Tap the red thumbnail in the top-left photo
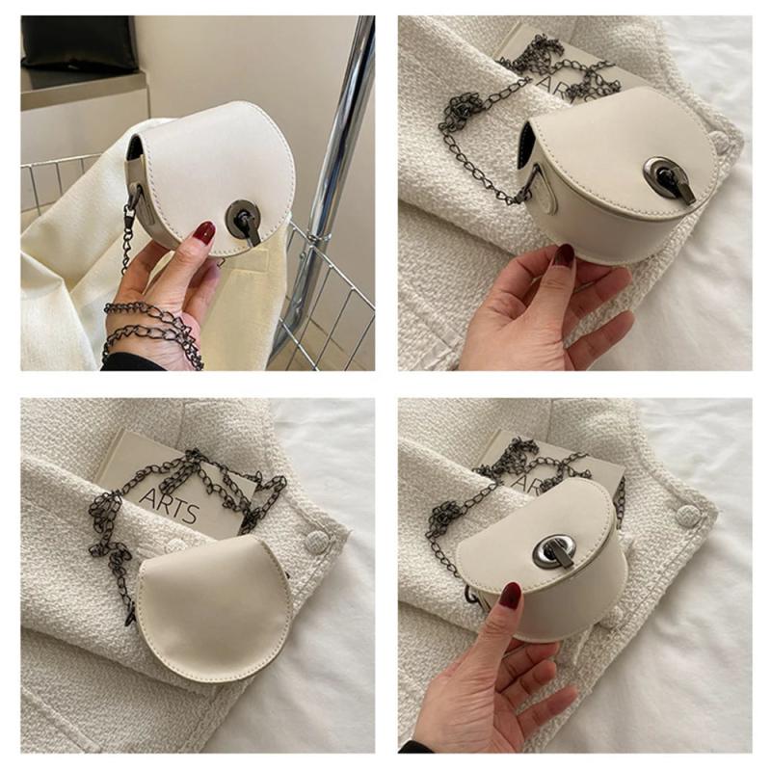point(203,231)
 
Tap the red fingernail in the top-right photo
point(565,255)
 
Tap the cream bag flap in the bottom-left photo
point(215,607)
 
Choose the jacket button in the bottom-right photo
point(688,515)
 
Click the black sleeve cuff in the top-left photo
point(129,362)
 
